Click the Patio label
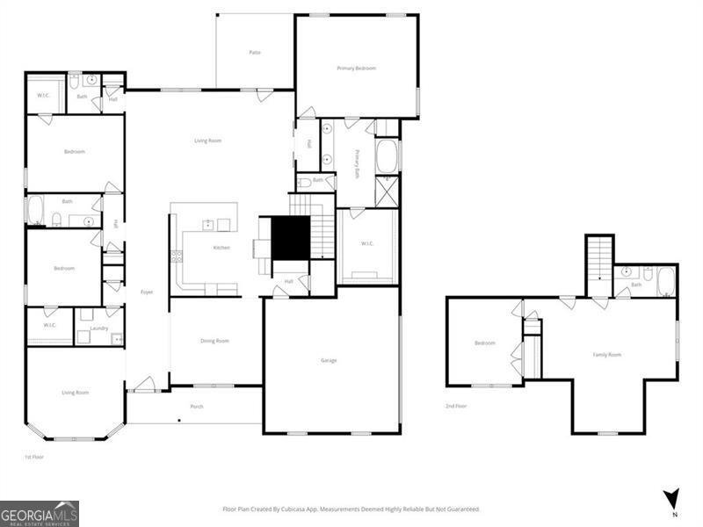coord(255,53)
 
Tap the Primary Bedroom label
coord(357,68)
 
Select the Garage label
coord(329,360)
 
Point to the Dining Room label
coord(215,341)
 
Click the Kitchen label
coord(221,248)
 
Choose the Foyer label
coord(148,292)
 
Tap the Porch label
coord(197,406)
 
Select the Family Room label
coord(606,354)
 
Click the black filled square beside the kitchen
coord(290,237)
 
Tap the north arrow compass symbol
coord(672,498)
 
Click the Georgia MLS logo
coord(40,513)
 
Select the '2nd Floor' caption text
coord(456,407)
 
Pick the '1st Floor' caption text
coord(33,458)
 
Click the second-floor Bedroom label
coord(485,343)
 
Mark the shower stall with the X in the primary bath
coord(387,191)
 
